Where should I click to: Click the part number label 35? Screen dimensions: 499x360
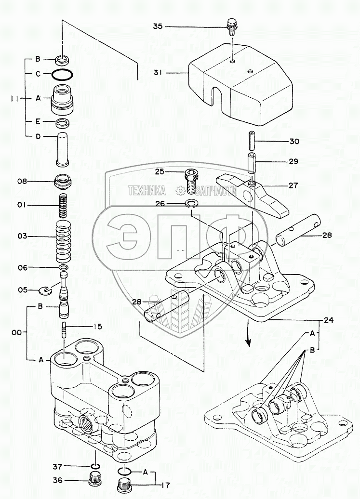pos(158,26)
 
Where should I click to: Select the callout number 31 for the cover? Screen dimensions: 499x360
pos(158,73)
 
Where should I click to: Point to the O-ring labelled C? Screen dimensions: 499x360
pos(62,74)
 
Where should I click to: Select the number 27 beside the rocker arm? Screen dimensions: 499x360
pos(293,185)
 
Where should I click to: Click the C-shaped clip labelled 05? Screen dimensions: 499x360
pos(46,289)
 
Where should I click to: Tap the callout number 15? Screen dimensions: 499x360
pos(97,327)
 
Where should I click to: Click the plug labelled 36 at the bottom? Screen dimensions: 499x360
pos(95,480)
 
